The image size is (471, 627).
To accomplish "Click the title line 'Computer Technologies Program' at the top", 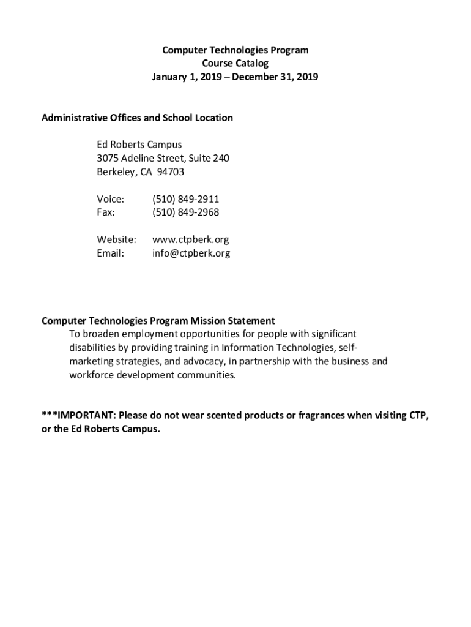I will [x=235, y=50].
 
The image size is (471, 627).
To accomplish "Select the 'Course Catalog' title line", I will [x=235, y=64].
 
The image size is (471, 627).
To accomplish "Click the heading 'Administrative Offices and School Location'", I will [x=137, y=118].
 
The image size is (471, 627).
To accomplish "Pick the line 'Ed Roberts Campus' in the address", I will [x=139, y=145].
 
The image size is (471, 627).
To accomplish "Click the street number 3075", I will [x=108, y=159].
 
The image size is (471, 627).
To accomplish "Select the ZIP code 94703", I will [x=171, y=172].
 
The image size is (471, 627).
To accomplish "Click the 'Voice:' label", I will [x=111, y=200].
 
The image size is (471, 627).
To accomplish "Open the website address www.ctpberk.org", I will [x=190, y=240].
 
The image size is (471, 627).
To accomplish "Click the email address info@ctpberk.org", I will [x=191, y=253].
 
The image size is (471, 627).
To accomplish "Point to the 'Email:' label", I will [x=111, y=253].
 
